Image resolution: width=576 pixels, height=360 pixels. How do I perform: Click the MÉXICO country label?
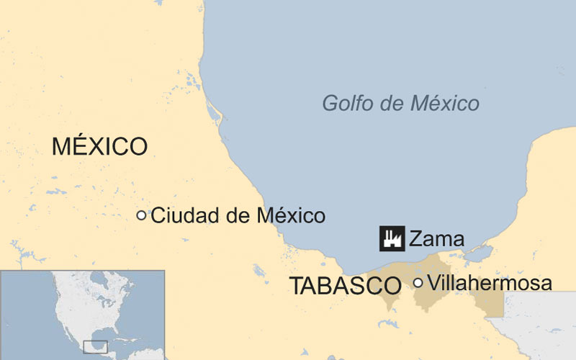[99, 147]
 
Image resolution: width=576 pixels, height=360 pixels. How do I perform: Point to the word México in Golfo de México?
[444, 104]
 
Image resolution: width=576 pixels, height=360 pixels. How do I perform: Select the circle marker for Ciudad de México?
[141, 215]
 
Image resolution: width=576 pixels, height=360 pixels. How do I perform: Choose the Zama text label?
[437, 239]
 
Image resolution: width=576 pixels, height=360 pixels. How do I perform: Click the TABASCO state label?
[345, 286]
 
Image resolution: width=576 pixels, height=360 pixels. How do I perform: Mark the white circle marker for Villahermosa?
[418, 283]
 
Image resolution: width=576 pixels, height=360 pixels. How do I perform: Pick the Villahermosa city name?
[490, 283]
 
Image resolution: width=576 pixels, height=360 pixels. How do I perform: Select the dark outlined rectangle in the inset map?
[95, 346]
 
